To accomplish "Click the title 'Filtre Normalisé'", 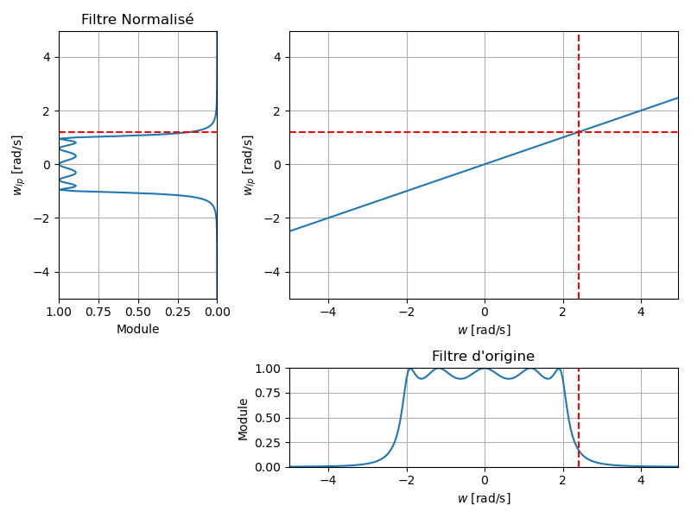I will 137,19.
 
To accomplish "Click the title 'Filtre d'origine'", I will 483,356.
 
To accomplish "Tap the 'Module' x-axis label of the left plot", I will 137,329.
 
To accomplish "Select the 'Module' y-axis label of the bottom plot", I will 244,419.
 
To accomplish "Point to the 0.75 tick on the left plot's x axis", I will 98,312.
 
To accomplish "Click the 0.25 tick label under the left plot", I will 177,312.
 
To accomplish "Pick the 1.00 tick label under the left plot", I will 59,312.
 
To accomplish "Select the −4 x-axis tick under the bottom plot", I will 327,480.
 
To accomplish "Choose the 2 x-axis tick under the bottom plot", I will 562,480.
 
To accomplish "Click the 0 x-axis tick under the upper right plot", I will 484,312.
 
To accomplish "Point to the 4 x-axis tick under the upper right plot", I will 640,312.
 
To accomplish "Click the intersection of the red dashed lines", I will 578,132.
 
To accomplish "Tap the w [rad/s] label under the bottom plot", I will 483,498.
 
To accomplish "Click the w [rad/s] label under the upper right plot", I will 483,330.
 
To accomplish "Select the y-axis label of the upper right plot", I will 248,165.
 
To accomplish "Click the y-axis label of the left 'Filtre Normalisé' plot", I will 18,165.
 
